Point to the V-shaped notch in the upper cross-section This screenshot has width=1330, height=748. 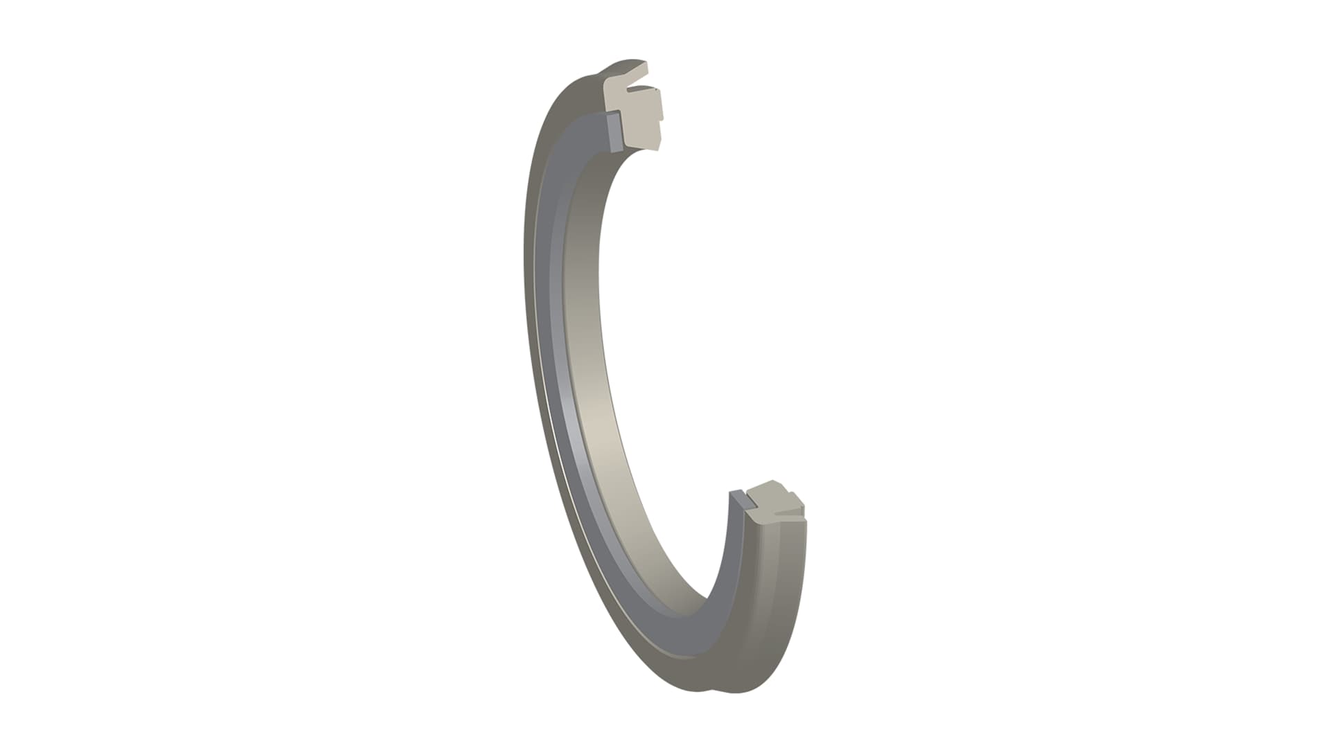[x=634, y=89]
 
